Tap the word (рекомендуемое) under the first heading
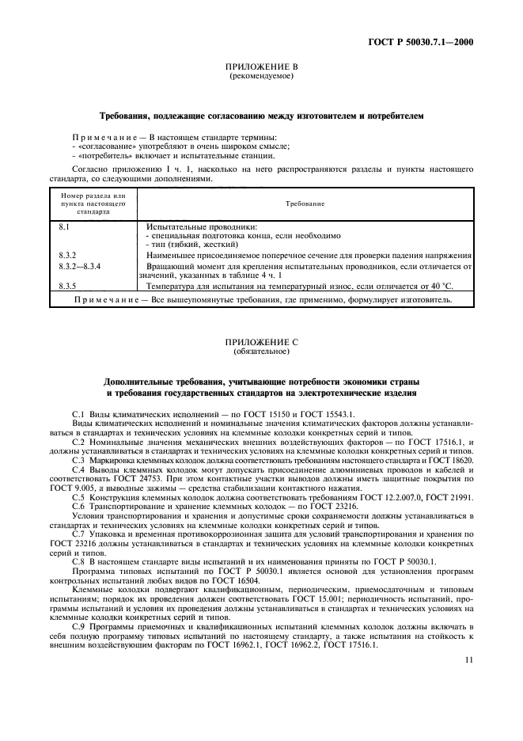261,78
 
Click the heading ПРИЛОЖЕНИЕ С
261,341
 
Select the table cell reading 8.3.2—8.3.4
80,268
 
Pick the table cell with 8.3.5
67,285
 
